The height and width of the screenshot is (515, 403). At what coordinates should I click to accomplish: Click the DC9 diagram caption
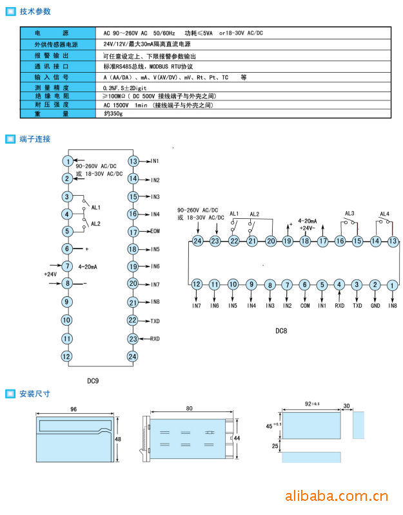93,380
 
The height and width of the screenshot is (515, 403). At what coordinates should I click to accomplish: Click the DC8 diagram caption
280,331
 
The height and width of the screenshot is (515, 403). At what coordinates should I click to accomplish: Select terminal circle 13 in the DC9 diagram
133,161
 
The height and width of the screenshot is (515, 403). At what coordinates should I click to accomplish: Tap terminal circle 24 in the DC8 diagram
197,241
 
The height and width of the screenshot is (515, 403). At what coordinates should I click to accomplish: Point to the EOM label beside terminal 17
155,231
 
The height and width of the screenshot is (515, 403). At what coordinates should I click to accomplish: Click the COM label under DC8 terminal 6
305,305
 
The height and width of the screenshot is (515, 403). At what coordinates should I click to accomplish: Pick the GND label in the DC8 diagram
375,305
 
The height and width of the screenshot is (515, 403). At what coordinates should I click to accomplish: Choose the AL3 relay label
349,214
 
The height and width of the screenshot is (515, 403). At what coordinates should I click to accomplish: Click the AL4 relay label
384,214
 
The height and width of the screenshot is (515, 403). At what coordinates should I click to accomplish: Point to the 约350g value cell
113,113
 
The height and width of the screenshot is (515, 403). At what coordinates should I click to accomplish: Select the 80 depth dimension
189,408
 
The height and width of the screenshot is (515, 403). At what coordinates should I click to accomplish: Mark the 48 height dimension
118,438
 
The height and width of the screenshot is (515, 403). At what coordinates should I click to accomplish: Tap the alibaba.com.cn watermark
336,496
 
